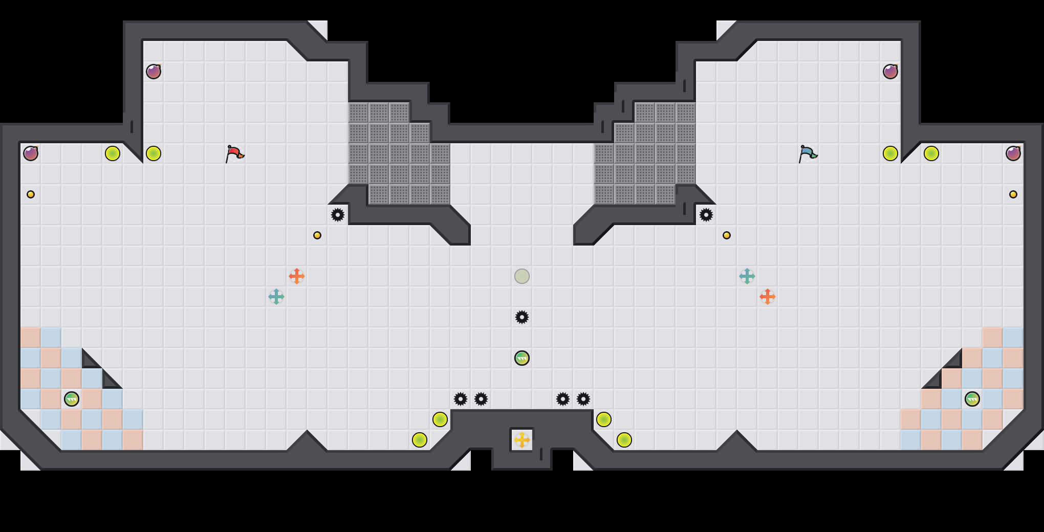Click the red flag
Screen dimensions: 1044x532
coord(234,153)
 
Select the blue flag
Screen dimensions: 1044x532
coord(808,153)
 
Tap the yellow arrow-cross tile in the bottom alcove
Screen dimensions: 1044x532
coord(522,440)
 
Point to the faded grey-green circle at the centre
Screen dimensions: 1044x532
coord(522,276)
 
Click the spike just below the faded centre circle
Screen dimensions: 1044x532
coord(522,317)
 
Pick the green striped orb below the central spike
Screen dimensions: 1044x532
coord(522,358)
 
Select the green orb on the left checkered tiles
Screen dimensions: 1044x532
coord(72,399)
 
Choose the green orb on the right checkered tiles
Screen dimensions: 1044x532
coord(972,399)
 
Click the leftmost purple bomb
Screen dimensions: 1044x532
coord(31,153)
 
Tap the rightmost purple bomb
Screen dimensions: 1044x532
coord(1013,153)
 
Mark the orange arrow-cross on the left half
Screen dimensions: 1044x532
coord(297,276)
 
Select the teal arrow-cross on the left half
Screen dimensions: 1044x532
coord(276,297)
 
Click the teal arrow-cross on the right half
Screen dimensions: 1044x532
coord(747,276)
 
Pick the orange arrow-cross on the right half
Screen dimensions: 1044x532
coord(768,297)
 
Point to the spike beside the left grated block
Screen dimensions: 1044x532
coord(338,215)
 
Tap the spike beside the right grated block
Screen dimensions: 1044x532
coord(706,215)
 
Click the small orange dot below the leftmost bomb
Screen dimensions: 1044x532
coord(31,194)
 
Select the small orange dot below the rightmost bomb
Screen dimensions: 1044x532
coord(1013,194)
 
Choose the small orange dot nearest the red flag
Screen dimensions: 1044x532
coord(317,235)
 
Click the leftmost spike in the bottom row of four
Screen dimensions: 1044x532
coord(461,399)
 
